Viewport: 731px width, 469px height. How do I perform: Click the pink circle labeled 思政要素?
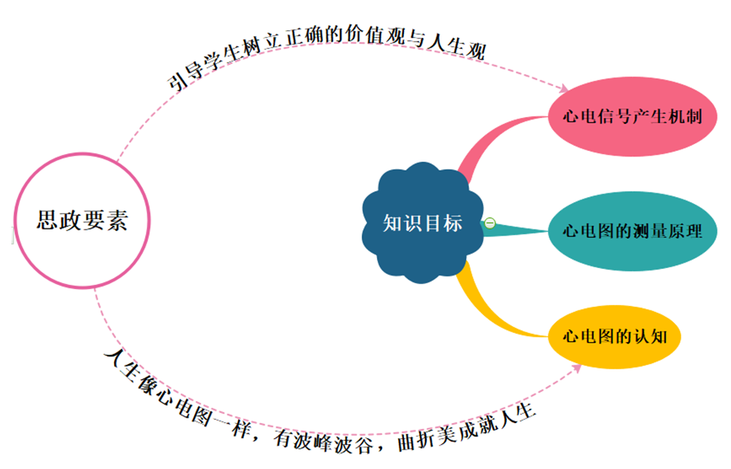click(82, 221)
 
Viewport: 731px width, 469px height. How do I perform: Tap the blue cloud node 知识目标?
click(422, 224)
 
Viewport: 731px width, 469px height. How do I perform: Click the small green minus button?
click(489, 223)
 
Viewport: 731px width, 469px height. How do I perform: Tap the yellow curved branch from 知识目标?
click(491, 306)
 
